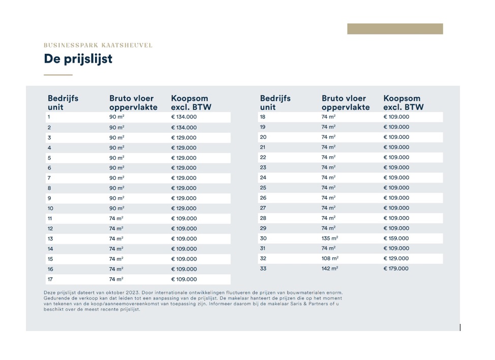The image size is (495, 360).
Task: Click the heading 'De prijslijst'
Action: coord(78,59)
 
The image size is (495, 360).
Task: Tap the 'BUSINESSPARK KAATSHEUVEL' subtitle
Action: coord(98,45)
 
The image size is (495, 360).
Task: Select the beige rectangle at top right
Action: coord(395,29)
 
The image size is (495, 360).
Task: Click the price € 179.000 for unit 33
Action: coord(396,268)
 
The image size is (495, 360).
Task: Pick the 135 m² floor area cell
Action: coord(330,238)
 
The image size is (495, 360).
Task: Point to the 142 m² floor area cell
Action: coord(330,268)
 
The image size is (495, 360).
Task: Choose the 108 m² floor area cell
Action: coord(330,258)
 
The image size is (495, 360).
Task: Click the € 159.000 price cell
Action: coord(396,238)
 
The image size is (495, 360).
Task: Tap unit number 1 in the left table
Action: coord(49,117)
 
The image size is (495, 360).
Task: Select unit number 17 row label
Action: coord(50,279)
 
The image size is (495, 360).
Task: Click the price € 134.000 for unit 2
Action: coord(184,127)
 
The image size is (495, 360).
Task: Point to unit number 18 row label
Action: coord(263,117)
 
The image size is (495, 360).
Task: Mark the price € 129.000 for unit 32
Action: coord(396,258)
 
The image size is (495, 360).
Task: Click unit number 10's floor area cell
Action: coord(117,208)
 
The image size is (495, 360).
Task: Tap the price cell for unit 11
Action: coord(184,219)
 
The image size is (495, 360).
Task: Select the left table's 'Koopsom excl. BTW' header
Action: coord(191,103)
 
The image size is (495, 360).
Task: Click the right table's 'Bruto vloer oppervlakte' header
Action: coord(346,103)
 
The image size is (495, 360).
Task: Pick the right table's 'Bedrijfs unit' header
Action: coord(275,103)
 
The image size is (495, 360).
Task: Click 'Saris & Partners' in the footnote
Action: coord(281,304)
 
